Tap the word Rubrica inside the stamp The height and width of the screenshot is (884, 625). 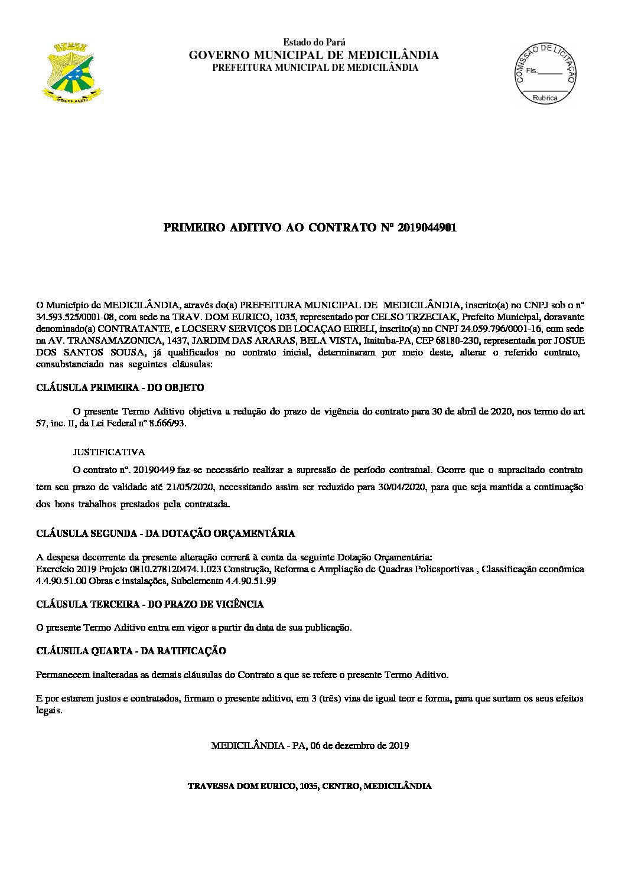[545, 98]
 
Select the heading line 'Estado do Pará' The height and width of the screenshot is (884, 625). [314, 43]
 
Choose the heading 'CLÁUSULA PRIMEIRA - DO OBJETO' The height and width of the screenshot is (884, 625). [120, 388]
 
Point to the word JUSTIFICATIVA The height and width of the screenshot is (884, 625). [109, 452]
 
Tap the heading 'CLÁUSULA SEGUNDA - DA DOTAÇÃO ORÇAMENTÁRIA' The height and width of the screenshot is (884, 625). [165, 533]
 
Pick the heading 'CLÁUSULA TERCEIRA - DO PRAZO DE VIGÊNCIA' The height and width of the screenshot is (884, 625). [150, 604]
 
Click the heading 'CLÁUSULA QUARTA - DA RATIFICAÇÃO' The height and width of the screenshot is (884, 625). [131, 651]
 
